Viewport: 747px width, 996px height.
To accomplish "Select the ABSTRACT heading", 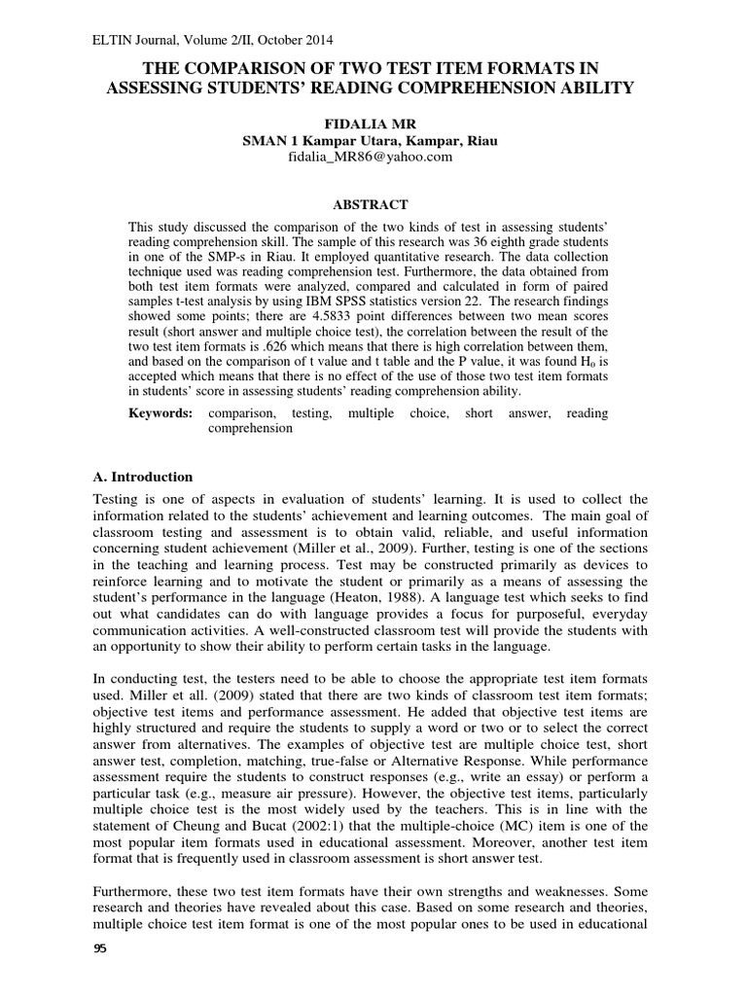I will [x=371, y=204].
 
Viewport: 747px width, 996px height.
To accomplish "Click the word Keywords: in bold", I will [x=161, y=413].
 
